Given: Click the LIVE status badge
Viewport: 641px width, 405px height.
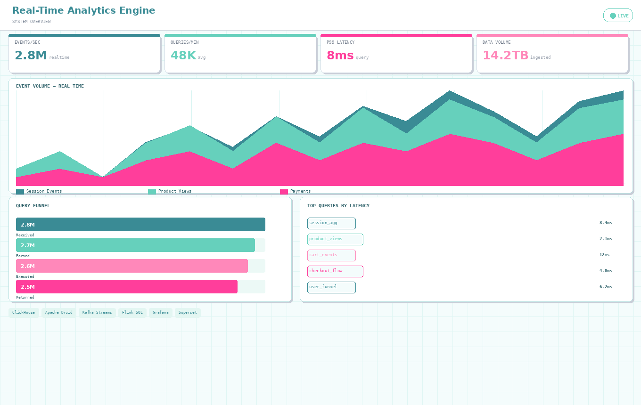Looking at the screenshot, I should (618, 16).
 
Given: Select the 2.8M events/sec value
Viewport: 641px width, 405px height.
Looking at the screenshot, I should (31, 56).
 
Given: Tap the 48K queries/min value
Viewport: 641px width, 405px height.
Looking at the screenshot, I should (183, 56).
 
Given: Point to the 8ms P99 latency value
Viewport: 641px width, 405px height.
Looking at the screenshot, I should (340, 56).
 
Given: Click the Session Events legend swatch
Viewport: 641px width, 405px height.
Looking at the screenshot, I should (20, 192).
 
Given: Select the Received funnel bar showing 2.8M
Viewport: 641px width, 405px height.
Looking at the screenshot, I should (140, 225).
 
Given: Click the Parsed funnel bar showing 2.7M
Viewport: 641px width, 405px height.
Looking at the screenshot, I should (135, 245).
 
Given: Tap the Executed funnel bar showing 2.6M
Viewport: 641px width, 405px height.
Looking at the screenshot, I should (132, 266).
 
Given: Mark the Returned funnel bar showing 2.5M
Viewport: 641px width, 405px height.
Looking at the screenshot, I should (127, 287).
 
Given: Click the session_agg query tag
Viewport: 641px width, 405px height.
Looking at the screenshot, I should (331, 223).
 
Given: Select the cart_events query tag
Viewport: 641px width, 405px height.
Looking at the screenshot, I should (331, 255).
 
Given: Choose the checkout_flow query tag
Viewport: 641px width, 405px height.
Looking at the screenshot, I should (335, 271).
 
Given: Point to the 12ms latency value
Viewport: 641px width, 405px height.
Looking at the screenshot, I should (604, 255).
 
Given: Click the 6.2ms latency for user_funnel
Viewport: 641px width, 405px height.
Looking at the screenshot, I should (606, 287).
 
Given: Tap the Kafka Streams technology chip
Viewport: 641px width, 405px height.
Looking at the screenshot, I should (97, 313).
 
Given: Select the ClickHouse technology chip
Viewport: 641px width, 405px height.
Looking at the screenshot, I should (24, 313).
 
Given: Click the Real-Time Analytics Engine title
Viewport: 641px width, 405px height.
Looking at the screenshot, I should (83, 10).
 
